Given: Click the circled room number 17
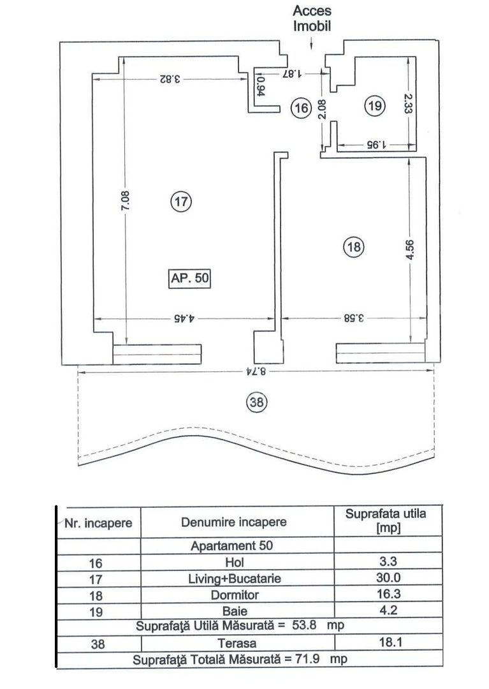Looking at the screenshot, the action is click(x=181, y=202).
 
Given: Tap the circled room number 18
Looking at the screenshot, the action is click(x=353, y=246).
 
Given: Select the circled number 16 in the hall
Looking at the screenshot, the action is click(x=301, y=107).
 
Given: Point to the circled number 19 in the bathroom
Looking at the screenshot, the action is click(x=375, y=105).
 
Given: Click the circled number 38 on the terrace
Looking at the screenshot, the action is click(x=257, y=402).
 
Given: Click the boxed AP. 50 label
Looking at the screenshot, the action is click(x=189, y=278).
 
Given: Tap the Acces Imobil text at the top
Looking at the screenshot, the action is click(x=312, y=18).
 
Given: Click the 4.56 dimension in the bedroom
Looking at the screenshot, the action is click(x=409, y=249).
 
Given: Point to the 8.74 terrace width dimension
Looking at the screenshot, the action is click(x=256, y=371).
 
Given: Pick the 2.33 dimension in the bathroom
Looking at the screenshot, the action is click(x=409, y=103).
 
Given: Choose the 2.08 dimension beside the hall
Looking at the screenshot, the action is click(x=323, y=109).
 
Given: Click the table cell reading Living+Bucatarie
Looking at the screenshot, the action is click(x=235, y=578).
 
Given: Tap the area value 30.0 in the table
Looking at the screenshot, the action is click(x=388, y=577).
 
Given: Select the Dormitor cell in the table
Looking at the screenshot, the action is click(x=235, y=595).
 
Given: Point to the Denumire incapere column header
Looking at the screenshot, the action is click(x=234, y=522).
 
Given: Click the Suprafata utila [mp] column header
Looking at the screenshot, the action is click(x=386, y=521).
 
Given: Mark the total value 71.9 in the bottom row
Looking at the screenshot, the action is click(x=308, y=659).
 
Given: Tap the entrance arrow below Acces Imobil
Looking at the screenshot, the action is click(x=311, y=43).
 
